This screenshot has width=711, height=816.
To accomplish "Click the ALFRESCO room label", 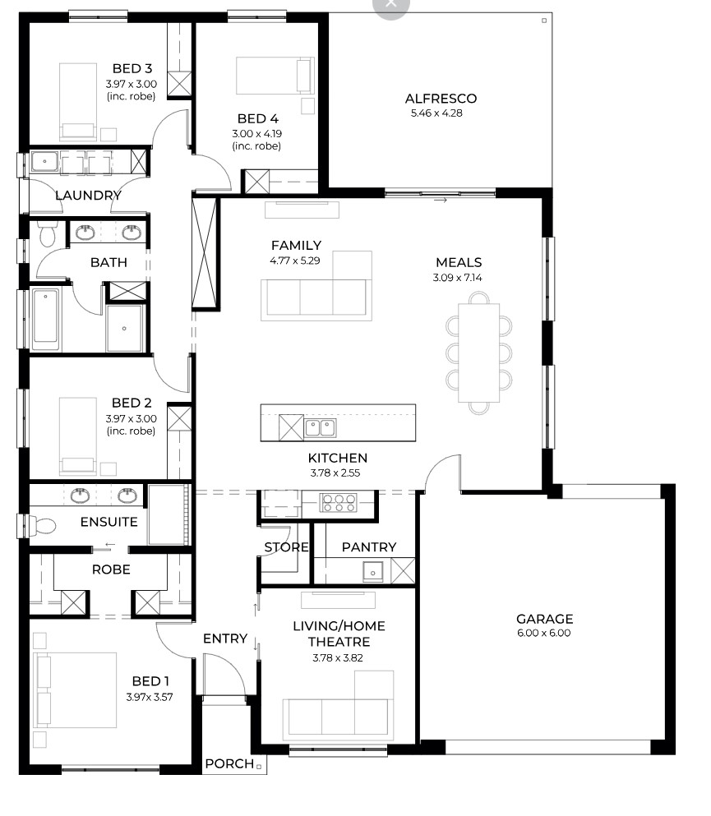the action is point(441,99).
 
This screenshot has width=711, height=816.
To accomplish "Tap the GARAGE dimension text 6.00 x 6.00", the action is point(544,633).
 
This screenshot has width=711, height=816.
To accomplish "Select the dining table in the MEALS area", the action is point(479,353).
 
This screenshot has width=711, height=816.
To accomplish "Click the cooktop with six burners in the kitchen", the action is point(339,503).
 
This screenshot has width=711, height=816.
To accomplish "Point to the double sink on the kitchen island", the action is point(320,428).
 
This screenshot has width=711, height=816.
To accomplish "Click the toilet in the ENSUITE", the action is point(41,526).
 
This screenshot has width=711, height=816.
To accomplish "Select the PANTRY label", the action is point(369,547).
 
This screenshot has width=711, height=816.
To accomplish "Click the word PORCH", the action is point(229,763).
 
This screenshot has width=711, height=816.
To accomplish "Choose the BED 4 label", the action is point(257,118).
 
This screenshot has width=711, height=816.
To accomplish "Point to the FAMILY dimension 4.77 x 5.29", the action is point(294,260).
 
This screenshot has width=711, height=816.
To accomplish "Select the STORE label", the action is point(286,547).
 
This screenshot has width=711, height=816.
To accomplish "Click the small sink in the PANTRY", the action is point(372,571).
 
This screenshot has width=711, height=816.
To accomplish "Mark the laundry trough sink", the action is point(44,161).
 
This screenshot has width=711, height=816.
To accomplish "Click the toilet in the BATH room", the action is point(48,235).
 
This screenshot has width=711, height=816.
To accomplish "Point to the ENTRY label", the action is point(225,639).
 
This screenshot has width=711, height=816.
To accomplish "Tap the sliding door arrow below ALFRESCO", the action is point(441,201).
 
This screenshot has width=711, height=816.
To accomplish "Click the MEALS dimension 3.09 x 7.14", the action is point(458,278).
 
